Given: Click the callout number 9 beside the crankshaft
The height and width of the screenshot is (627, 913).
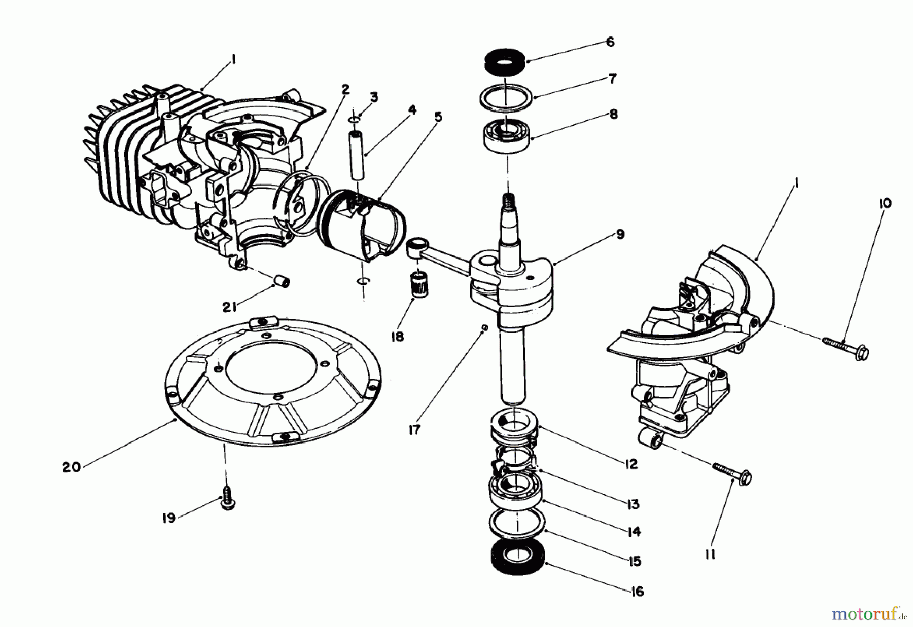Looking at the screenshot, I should coord(620,235).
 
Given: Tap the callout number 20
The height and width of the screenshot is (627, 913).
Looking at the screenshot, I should coord(71,467).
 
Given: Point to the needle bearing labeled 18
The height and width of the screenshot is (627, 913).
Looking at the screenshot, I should coord(418,284).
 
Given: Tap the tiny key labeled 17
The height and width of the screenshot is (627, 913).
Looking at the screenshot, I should coord(485,328).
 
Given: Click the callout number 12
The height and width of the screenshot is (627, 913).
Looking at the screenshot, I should coord(631,464).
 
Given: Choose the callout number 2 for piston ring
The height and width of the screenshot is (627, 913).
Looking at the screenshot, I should coord(345,89).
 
